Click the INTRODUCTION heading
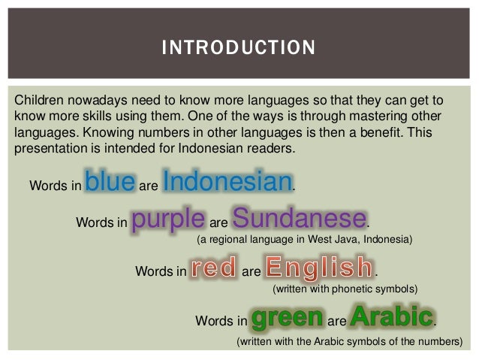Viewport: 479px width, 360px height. (238, 47)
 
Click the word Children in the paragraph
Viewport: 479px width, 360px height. (39, 100)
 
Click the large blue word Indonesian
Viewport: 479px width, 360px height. (227, 181)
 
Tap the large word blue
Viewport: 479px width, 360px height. (110, 181)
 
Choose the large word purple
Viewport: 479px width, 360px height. (168, 219)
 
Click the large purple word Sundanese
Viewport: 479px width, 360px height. (300, 218)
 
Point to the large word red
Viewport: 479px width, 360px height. (214, 267)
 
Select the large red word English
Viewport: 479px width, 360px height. (320, 268)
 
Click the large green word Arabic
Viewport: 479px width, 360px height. (392, 316)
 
